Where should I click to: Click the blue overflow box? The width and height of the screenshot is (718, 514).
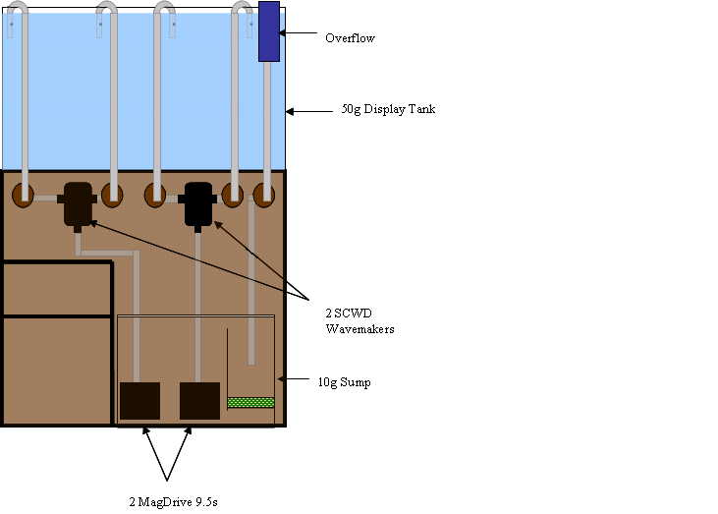click(269, 31)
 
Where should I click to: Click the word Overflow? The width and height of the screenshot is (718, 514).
click(350, 38)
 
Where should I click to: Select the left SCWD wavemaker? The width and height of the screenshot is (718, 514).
click(78, 204)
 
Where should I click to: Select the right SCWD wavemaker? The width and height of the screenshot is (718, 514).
click(198, 203)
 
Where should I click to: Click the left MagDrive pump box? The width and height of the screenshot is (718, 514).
click(139, 401)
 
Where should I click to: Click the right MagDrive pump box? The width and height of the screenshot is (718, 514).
click(199, 401)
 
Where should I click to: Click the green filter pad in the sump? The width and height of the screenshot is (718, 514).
click(250, 402)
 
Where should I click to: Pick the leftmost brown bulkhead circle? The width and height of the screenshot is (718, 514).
click(23, 195)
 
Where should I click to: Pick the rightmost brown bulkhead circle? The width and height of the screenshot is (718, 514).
click(263, 195)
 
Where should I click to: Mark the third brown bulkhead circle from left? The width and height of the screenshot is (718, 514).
click(154, 195)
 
